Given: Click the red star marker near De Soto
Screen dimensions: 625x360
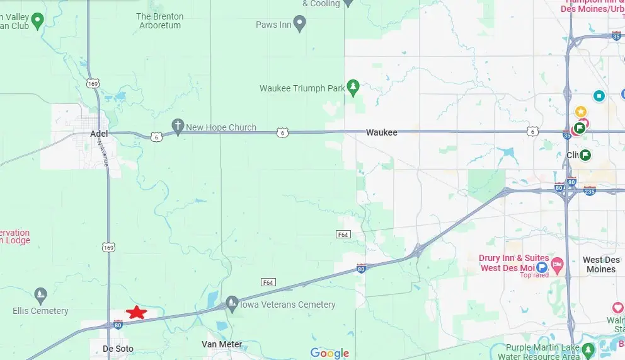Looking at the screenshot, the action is [x=136, y=312].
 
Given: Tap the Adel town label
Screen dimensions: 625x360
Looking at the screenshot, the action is [x=99, y=134].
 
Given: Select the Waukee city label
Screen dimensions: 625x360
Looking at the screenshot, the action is [x=382, y=132].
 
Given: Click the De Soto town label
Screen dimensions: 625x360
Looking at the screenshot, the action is [x=118, y=348].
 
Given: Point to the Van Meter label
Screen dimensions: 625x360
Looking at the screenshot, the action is [x=222, y=344].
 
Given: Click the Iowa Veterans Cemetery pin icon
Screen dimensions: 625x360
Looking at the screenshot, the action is [x=232, y=303].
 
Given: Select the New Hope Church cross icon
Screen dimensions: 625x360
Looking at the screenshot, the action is [x=178, y=126].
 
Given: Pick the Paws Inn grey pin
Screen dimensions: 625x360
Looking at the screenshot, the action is [x=300, y=25].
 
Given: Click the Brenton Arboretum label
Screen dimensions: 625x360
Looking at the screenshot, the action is [x=159, y=21].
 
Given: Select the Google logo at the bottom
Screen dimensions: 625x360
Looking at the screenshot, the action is [x=329, y=353].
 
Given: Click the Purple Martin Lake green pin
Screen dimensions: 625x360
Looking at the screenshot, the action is [x=588, y=349].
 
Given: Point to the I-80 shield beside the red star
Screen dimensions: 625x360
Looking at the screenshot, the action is [x=118, y=325].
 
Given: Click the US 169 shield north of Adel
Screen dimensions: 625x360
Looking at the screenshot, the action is [x=93, y=83].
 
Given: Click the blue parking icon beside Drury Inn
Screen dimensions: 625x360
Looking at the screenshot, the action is [x=541, y=267].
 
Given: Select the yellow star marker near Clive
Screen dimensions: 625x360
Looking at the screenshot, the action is [x=581, y=112].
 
